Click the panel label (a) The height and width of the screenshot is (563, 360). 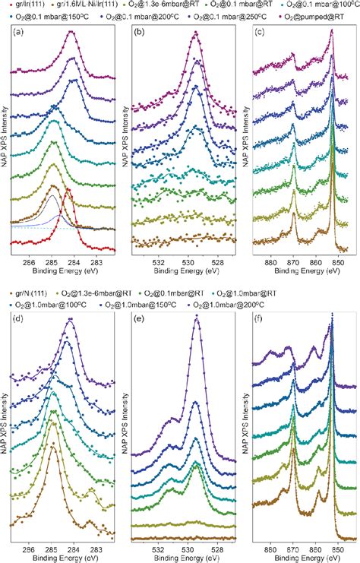(19, 33)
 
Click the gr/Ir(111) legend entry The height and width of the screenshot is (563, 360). (24, 6)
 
